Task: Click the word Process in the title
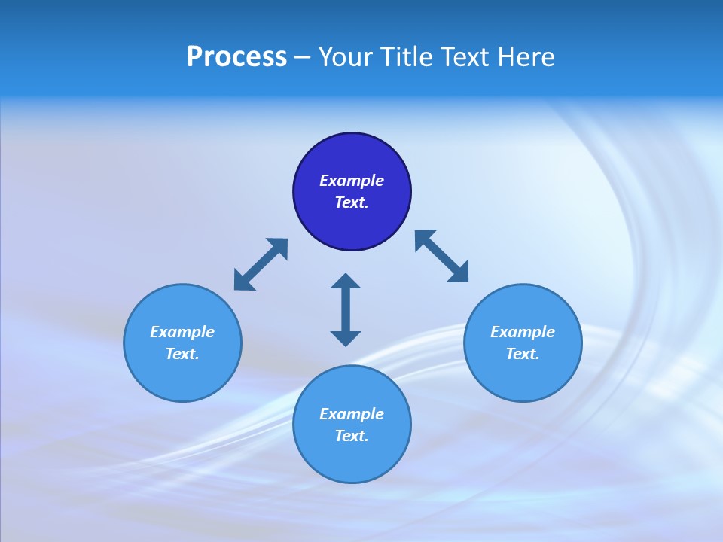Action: (x=236, y=57)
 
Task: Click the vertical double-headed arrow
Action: (x=346, y=309)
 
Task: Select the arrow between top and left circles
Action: (x=261, y=264)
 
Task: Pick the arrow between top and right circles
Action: (x=441, y=256)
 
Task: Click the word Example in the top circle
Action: (x=352, y=181)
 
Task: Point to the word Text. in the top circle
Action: (x=352, y=202)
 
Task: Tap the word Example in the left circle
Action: (x=182, y=332)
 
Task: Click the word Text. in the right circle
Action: (x=523, y=354)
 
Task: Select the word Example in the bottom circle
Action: (x=352, y=414)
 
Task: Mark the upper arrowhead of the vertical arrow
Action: (x=346, y=282)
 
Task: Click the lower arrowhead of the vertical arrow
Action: (x=346, y=338)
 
